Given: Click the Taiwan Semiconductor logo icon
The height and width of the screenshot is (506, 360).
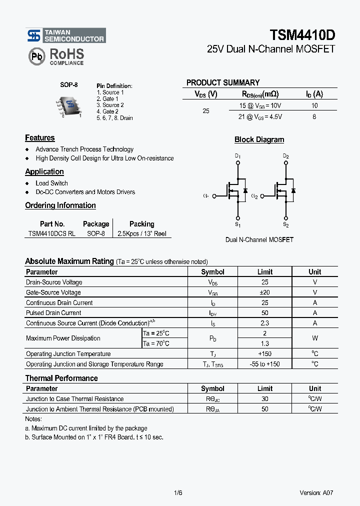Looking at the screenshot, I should pos(34,35).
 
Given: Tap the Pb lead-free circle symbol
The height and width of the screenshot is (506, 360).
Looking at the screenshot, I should pos(37,56).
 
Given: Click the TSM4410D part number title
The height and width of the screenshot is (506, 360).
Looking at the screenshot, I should pos(302,35).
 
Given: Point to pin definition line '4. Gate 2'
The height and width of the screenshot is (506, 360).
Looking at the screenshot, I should pos(107,111).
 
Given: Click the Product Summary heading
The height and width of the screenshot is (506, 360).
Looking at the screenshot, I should pos(223,82).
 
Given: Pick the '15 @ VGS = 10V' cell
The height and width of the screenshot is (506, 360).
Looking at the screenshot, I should pos(260,105).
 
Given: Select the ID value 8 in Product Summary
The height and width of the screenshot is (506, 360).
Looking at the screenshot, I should pos(314,116).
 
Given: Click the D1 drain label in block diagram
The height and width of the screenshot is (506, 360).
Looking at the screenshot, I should pos(237,156).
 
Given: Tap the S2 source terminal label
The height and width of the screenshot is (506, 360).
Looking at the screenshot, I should pos(286,225).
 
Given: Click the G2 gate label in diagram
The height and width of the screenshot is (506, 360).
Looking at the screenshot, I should pos(254,196).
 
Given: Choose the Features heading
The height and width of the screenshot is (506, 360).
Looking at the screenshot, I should pos(40,138).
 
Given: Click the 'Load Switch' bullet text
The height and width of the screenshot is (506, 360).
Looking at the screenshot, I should pos(51,183).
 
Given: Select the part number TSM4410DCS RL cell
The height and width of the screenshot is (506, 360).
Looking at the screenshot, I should pos(52,233).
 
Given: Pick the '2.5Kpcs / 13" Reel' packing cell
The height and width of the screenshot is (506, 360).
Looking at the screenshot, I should pos(141,233).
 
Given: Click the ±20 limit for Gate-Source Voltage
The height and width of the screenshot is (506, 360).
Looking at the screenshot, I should pos(264,292).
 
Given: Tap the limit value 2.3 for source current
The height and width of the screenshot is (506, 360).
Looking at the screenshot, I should pos(264,323).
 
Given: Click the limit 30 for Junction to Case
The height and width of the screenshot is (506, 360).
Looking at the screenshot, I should pos(264,399).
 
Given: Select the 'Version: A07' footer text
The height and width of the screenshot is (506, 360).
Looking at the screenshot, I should pos(316,492).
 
